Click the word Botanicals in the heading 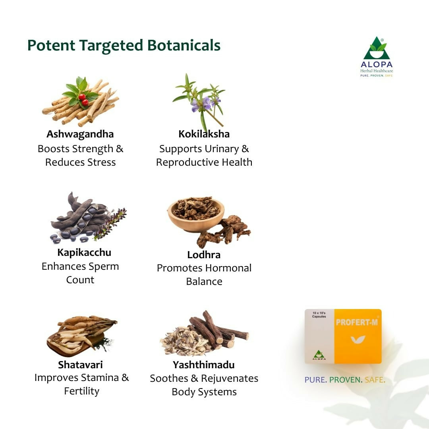point(184,45)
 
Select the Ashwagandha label point(80,134)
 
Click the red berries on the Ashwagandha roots point(83,99)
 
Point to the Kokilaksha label point(204,134)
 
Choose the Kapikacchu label point(84,252)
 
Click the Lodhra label point(204,255)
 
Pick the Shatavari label point(80,364)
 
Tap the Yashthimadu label point(204,364)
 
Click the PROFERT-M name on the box point(356,322)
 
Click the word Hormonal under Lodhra point(226,268)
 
